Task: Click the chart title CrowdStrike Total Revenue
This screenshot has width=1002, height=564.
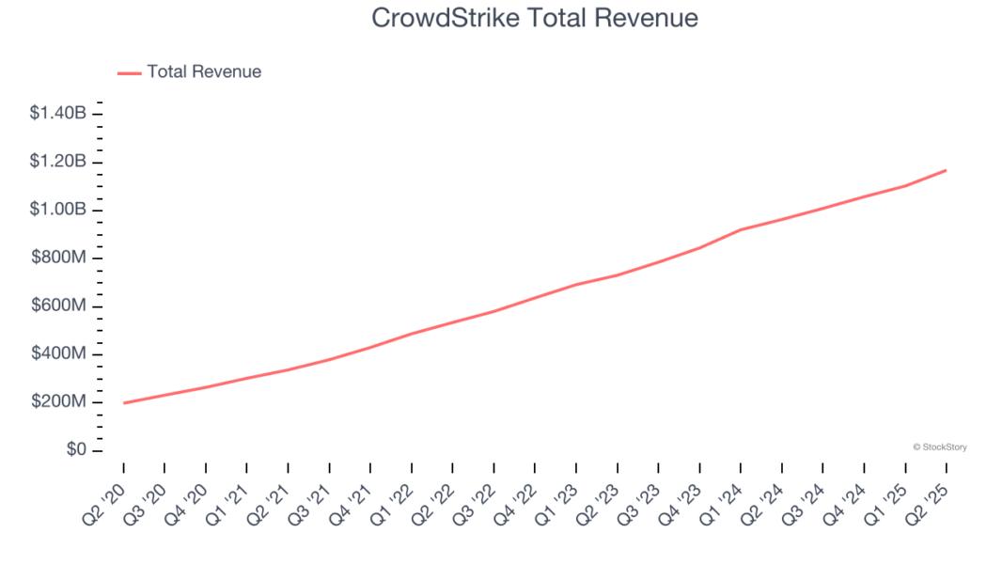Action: (x=535, y=18)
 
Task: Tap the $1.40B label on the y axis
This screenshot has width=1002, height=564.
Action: (x=58, y=114)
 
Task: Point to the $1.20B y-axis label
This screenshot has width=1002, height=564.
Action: (x=58, y=162)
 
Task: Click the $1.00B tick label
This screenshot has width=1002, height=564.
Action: (x=58, y=210)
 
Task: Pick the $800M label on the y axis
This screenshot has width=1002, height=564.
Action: (x=58, y=258)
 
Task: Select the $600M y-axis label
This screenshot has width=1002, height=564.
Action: (x=58, y=306)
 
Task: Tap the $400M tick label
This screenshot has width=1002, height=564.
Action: (x=58, y=354)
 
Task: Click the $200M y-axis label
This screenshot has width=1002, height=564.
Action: (x=58, y=402)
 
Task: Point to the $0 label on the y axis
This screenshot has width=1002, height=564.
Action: (x=74, y=450)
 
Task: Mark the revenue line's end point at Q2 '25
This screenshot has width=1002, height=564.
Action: (x=946, y=170)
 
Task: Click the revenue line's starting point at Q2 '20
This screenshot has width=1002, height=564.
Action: (x=124, y=403)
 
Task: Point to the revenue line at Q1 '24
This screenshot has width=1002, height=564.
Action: (x=741, y=229)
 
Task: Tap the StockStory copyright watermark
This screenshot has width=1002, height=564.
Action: (x=939, y=447)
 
